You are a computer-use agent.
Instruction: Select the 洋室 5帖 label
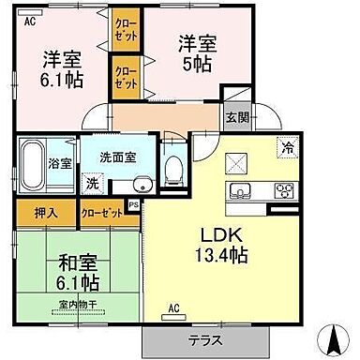click(197, 52)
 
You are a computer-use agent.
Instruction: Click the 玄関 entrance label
click(237, 117)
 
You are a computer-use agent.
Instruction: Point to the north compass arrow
click(330, 335)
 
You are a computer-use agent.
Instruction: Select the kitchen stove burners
click(282, 192)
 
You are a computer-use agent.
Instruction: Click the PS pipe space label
click(134, 204)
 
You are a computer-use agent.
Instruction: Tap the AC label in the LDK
click(173, 307)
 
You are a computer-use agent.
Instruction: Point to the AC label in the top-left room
click(30, 19)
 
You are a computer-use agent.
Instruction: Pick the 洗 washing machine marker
click(92, 184)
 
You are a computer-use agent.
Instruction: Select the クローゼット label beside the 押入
click(100, 213)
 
